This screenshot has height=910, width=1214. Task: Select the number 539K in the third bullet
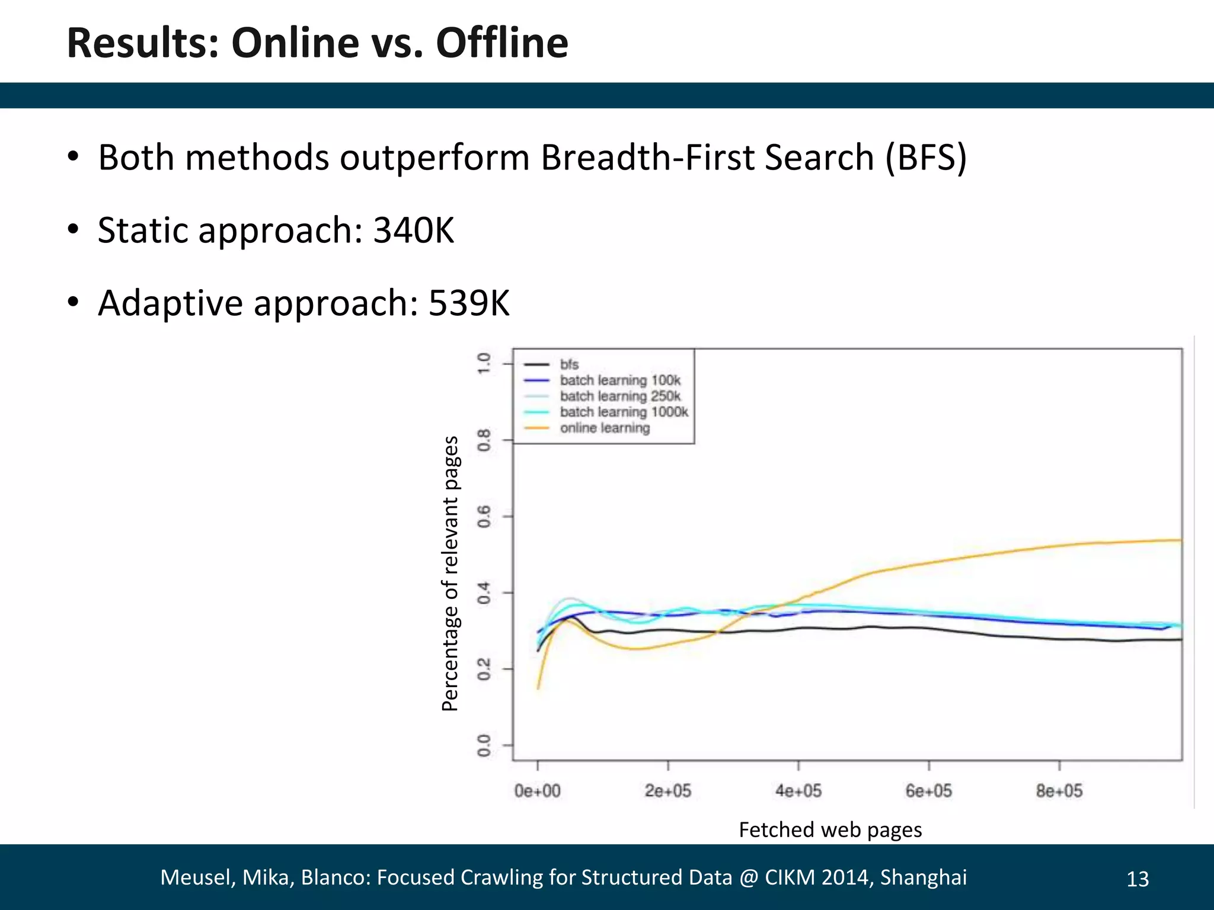pos(468,303)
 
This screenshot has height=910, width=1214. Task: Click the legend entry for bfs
pos(568,364)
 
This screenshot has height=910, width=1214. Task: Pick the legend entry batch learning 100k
pos(619,380)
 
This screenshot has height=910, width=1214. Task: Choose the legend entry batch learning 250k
pos(619,396)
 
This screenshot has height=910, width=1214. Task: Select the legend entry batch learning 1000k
pos(624,412)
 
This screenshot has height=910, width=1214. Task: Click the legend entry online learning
pos(605,428)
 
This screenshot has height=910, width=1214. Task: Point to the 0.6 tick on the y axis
pos(484,517)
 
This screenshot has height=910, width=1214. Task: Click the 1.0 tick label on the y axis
pos(484,363)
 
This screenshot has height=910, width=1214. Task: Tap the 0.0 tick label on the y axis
pos(484,745)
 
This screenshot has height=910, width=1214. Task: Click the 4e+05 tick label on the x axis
pos(798,791)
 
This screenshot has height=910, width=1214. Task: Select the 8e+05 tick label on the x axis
pos(1059,791)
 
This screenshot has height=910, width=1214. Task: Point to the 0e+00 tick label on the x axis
pos(537,791)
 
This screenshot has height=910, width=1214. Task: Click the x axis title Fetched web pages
pos(830,829)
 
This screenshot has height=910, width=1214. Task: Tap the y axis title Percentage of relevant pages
pos(451,573)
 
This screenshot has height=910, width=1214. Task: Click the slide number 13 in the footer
pos(1137,879)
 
